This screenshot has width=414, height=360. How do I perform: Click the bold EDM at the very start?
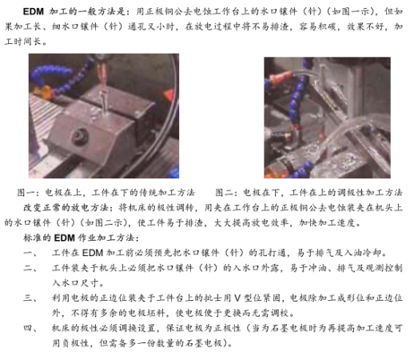click(x=34, y=11)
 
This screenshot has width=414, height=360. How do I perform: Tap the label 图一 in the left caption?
click(x=26, y=192)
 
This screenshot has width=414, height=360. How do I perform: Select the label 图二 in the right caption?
click(x=224, y=192)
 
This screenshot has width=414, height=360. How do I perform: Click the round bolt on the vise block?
click(x=80, y=137)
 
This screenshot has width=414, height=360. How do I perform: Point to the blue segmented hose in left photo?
click(x=54, y=78)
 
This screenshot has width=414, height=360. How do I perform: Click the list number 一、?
click(x=30, y=253)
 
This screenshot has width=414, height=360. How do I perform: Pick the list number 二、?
click(x=30, y=267)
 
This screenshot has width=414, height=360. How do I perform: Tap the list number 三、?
click(x=30, y=298)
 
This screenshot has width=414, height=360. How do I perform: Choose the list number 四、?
click(x=30, y=328)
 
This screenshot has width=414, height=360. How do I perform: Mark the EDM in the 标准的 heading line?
click(x=65, y=238)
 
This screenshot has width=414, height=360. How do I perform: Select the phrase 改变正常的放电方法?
click(x=66, y=207)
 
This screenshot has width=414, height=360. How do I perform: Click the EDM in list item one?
click(x=93, y=253)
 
